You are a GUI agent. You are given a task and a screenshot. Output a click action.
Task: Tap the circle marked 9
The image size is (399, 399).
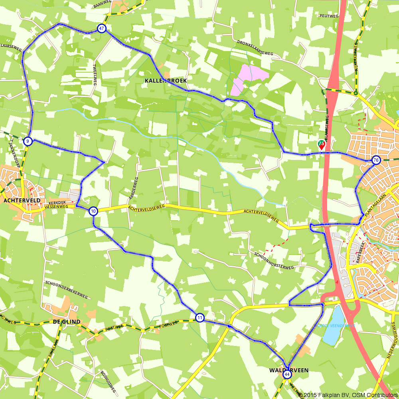28,141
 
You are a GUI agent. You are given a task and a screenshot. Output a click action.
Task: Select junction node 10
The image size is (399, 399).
93,211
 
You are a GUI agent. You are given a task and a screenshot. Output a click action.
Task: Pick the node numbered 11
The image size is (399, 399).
200,318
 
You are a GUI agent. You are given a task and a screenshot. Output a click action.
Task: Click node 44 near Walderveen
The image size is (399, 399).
287,375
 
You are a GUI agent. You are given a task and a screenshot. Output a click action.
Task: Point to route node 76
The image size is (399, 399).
375,160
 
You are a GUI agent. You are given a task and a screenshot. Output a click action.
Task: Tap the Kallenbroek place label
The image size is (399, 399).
166,81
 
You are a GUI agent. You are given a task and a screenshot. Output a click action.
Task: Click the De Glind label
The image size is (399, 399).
67,322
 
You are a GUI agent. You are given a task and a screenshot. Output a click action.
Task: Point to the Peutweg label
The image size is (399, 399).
328,16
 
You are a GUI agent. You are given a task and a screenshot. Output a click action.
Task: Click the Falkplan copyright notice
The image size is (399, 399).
348,395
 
